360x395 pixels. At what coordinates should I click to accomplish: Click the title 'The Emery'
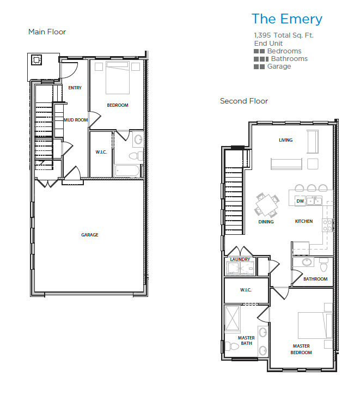coord(286,19)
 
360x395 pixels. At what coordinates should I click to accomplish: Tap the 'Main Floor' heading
coord(47,32)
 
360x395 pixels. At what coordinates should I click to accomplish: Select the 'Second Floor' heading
coord(243,101)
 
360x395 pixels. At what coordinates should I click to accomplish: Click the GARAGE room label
coord(90,235)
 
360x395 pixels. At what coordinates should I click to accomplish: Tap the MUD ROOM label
coord(76,120)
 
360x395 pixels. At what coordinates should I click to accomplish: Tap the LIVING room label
coord(285,140)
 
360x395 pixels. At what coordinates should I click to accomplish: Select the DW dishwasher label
coord(300,201)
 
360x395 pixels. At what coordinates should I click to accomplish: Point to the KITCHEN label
coord(303,222)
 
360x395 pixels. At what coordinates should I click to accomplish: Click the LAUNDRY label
coord(240,259)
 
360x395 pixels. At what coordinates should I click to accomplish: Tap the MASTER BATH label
coord(246,341)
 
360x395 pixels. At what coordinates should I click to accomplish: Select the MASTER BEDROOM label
coord(301,349)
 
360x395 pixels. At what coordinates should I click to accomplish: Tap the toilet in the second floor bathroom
coord(324,266)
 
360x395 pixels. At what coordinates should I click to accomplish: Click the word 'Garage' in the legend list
coord(279,66)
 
